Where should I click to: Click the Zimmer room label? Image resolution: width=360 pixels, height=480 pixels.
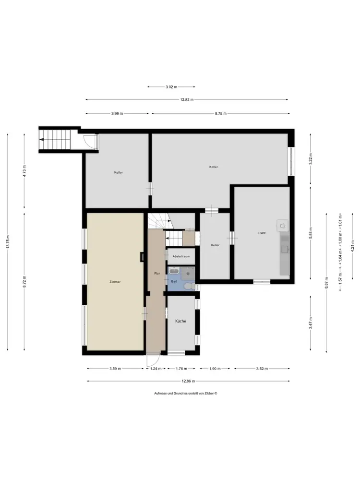pyautogui.click(x=115, y=282)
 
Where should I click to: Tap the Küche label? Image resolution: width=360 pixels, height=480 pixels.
pyautogui.click(x=180, y=321)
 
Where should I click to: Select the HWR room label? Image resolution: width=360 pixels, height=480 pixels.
pyautogui.click(x=262, y=233)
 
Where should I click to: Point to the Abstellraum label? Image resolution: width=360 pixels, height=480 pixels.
pyautogui.click(x=181, y=256)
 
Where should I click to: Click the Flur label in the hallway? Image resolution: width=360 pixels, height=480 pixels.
pyautogui.click(x=157, y=274)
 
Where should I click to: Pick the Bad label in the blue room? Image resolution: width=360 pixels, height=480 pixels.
pyautogui.click(x=174, y=281)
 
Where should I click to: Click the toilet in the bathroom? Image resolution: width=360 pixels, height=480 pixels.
pyautogui.click(x=189, y=286)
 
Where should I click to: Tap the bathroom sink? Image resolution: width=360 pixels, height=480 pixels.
pyautogui.click(x=174, y=271)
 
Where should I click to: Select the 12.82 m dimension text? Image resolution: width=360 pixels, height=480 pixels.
pyautogui.click(x=187, y=99)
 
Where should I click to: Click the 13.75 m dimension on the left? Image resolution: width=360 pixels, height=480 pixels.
pyautogui.click(x=8, y=242)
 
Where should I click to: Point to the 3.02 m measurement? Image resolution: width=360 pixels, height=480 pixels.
pyautogui.click(x=171, y=87)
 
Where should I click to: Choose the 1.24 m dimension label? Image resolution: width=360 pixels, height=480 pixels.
pyautogui.click(x=156, y=369)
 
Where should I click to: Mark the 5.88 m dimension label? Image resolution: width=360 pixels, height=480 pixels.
pyautogui.click(x=311, y=233)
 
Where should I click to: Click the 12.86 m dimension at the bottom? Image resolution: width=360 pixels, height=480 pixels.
pyautogui.click(x=188, y=381)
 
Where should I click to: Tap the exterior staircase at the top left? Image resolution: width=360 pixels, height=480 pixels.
pyautogui.click(x=55, y=140)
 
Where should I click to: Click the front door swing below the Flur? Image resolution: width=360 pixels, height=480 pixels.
pyautogui.click(x=153, y=360)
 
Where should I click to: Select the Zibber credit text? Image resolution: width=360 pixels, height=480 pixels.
pyautogui.click(x=185, y=394)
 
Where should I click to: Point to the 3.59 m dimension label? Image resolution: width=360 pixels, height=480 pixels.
pyautogui.click(x=115, y=369)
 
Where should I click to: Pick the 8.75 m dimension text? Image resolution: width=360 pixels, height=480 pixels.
pyautogui.click(x=220, y=114)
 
